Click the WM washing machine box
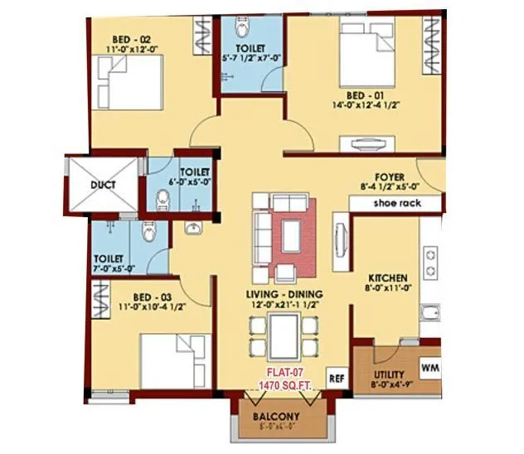(429, 365)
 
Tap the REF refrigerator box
(335, 377)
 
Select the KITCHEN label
(386, 278)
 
